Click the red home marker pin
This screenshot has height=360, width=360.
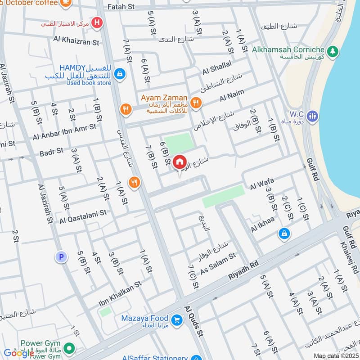coord(179,162)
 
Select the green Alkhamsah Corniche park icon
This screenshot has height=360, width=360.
coord(333,50)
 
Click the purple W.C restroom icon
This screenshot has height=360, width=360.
coord(314,116)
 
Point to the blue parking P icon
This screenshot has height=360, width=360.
coord(61,257)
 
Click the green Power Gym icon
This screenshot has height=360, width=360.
coord(69,348)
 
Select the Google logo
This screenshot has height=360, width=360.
coord(19,353)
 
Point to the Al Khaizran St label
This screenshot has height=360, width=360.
coord(76,42)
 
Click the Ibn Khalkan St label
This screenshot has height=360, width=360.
coord(120,295)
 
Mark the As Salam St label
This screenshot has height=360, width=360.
coord(218,263)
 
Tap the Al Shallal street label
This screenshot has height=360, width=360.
coord(217,67)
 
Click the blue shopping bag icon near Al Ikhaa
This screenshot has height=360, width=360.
coord(284,233)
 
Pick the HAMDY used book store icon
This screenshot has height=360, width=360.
coord(119,72)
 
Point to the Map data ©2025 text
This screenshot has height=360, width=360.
coord(335,355)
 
